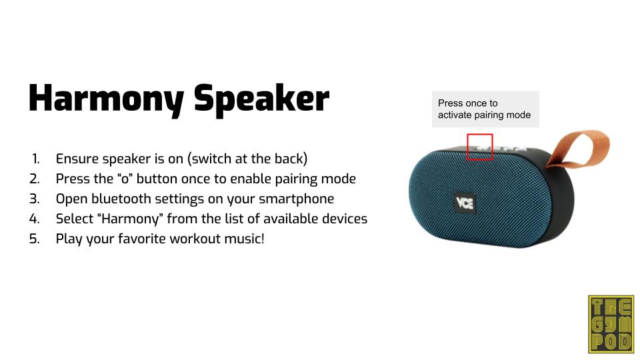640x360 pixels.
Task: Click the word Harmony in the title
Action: click(106, 99)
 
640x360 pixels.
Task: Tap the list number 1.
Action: click(36, 159)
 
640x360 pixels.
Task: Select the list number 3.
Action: click(35, 199)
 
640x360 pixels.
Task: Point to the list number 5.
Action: click(35, 239)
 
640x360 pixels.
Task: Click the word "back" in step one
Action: click(290, 159)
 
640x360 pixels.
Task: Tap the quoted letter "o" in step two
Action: click(125, 179)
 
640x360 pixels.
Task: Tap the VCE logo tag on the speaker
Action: click(465, 203)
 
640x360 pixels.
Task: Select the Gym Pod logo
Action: click(611, 325)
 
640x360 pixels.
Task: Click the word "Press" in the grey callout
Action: click(450, 103)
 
